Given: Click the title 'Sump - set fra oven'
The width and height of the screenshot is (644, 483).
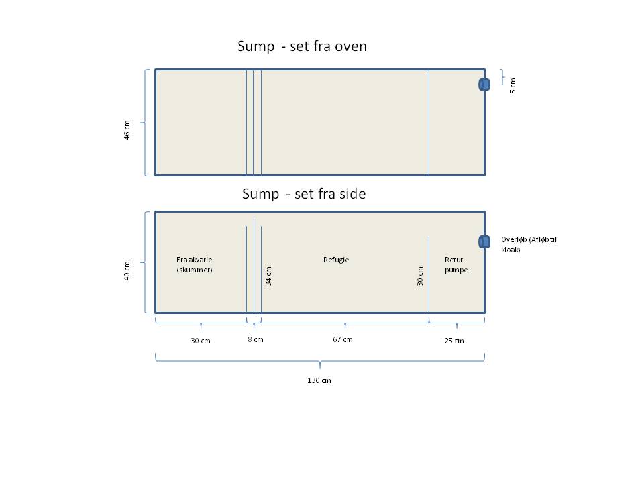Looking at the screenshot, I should tap(302, 47).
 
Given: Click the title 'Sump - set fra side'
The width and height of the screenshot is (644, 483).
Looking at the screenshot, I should tap(304, 194).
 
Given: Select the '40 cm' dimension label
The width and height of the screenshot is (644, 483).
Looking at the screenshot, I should tap(126, 271).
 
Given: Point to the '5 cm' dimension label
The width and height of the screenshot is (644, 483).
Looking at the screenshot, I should tap(513, 86).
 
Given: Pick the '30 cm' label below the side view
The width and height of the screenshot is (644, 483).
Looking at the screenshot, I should tap(200, 341).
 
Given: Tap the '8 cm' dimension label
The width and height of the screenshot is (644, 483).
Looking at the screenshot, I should tap(256, 339).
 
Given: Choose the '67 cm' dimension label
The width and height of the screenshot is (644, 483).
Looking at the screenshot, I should tap(342, 339).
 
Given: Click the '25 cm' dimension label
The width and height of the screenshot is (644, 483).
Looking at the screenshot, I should tap(454, 341).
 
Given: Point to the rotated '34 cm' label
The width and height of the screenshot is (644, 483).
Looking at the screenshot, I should tap(269, 276).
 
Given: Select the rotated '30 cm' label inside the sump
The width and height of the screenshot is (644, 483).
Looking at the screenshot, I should tap(421, 276).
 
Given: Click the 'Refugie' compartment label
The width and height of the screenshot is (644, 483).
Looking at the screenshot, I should tap(336, 260).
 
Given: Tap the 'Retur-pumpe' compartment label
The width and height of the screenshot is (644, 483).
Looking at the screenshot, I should tap(456, 264).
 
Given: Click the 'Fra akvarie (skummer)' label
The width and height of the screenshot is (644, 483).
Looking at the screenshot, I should tap(195, 264).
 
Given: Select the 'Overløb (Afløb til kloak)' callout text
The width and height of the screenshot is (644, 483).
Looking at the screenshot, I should tap(529, 244).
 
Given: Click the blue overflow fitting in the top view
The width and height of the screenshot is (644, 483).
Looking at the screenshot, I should tap(484, 85).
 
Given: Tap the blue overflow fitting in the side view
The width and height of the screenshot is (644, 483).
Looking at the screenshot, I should tap(484, 241).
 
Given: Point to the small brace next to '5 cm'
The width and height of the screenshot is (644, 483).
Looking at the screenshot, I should tap(502, 77).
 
